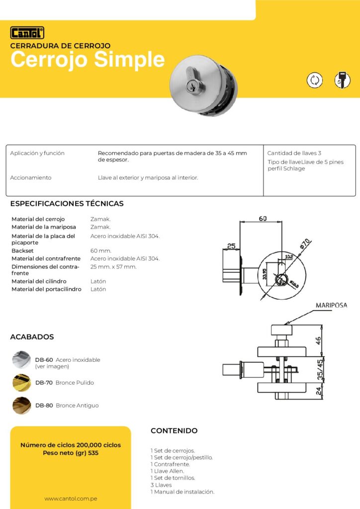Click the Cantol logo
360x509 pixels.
coord(27,33)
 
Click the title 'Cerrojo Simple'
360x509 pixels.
coord(88,60)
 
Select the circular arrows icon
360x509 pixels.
coord(314,80)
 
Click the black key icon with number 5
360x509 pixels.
coord(342,80)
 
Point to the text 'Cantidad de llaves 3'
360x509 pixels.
coord(294,153)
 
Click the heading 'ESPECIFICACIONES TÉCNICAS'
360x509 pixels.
coord(67,203)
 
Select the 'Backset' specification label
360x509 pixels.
coord(22,251)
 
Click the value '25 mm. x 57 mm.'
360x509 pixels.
coord(113,266)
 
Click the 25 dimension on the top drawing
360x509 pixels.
coord(231,246)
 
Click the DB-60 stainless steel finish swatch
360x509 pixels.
coord(21,360)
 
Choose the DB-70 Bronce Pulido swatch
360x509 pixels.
coord(21,383)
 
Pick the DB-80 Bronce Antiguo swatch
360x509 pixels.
coord(21,405)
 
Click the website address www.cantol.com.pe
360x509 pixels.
coord(70,498)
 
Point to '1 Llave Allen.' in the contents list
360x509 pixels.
coord(167,471)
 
